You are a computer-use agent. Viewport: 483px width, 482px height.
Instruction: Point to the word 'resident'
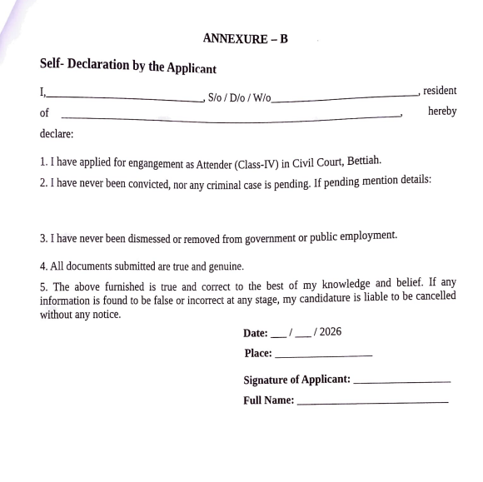point(440,91)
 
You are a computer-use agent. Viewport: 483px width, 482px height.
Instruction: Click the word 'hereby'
point(441,112)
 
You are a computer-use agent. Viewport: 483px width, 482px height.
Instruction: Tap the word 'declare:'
point(57,133)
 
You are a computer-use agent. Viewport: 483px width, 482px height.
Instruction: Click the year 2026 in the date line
point(330,332)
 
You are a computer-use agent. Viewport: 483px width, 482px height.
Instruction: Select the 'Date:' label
point(256,333)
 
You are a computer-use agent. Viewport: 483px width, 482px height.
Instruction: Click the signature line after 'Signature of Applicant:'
point(401,382)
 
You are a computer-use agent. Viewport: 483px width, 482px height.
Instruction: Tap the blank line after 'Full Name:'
point(372,402)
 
